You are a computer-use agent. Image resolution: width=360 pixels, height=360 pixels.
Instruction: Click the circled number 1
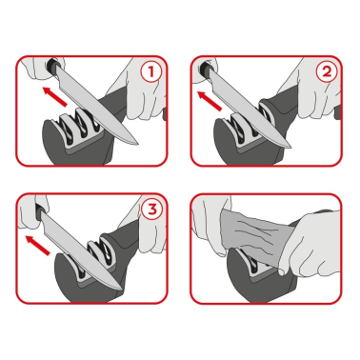click(x=151, y=72)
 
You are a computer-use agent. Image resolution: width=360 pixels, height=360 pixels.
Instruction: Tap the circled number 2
click(x=327, y=71)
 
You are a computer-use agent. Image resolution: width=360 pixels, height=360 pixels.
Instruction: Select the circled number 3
click(x=152, y=210)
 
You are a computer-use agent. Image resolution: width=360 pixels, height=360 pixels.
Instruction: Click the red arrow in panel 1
click(x=54, y=96)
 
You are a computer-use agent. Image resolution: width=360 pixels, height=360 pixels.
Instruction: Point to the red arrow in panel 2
click(x=210, y=101)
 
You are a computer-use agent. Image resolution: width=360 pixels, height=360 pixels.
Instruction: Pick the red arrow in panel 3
click(x=38, y=246)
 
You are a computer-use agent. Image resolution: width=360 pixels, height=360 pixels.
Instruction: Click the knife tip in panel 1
click(x=138, y=144)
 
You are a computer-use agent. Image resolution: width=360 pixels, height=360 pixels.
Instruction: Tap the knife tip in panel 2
click(x=291, y=148)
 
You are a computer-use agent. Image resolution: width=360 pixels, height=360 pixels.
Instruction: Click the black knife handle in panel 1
click(x=52, y=66)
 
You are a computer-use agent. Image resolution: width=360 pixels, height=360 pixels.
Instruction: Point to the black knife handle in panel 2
click(x=206, y=69)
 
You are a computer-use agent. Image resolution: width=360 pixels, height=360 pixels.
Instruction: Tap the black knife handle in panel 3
click(x=40, y=210)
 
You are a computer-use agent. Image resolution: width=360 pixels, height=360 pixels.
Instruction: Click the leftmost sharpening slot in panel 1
click(x=65, y=130)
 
